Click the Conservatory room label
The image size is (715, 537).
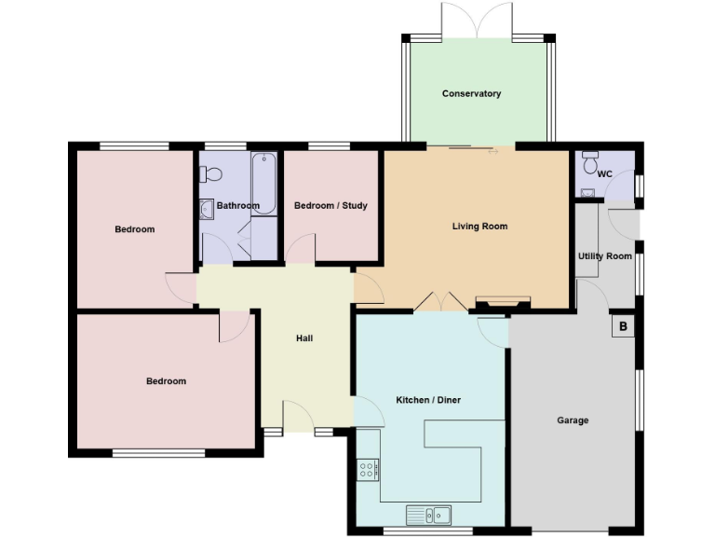tap(471, 93)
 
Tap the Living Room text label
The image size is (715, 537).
tap(479, 226)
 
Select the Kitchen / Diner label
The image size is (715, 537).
tap(428, 400)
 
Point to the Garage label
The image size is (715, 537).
tap(573, 420)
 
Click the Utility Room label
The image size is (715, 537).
tap(604, 256)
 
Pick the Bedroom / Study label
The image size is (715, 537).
tap(331, 205)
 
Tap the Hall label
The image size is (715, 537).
tap(304, 337)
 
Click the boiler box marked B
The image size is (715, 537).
tap(623, 326)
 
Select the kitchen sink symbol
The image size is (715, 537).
tap(428, 514)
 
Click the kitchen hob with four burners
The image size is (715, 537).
tap(368, 469)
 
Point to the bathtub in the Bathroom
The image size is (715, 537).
tap(263, 183)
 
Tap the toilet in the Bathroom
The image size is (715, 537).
tap(212, 173)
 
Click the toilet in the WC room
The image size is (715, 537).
tap(588, 162)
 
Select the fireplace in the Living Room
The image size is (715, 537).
tap(503, 303)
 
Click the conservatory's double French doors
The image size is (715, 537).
tap(477, 21)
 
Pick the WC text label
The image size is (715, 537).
tap(604, 174)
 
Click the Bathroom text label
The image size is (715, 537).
tap(237, 205)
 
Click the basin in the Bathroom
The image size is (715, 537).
tap(206, 209)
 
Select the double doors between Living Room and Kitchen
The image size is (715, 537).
tap(440, 301)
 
